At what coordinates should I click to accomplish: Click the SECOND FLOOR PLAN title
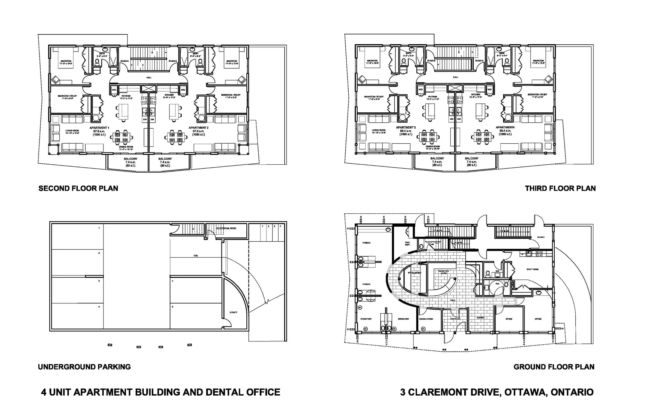pyautogui.click(x=78, y=188)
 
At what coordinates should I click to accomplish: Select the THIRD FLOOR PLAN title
pyautogui.click(x=560, y=188)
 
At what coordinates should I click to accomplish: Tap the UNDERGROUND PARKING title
pyautogui.click(x=84, y=367)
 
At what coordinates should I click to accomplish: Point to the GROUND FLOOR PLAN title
pyautogui.click(x=554, y=367)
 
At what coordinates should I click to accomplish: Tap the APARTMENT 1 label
pyautogui.click(x=100, y=128)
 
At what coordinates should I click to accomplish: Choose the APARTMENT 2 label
pyautogui.click(x=199, y=128)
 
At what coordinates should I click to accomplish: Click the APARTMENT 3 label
pyautogui.click(x=406, y=128)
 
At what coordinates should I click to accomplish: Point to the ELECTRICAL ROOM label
pyautogui.click(x=227, y=228)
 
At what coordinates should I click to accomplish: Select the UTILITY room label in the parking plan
pyautogui.click(x=233, y=312)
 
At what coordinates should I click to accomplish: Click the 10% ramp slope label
pyautogui.click(x=195, y=256)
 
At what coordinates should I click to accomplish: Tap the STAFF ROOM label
pyautogui.click(x=532, y=269)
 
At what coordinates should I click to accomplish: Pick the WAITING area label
pyautogui.click(x=480, y=318)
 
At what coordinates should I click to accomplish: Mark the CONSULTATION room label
pyautogui.click(x=426, y=319)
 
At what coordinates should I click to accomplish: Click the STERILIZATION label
pyautogui.click(x=415, y=273)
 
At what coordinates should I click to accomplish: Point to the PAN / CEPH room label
pyautogui.click(x=407, y=244)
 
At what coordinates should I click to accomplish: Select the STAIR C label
pyautogui.click(x=541, y=237)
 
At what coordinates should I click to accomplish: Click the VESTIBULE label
pyautogui.click(x=455, y=319)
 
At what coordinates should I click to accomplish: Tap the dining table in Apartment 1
pyautogui.click(x=122, y=137)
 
